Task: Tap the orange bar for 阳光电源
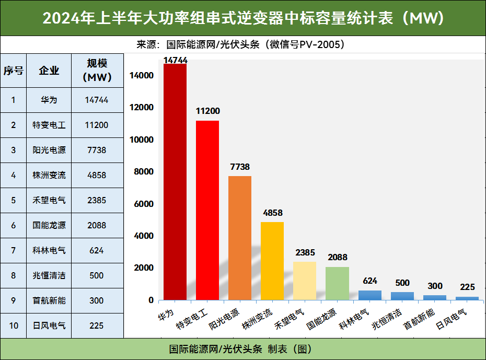coord(240,238)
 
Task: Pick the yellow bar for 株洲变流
coord(272,261)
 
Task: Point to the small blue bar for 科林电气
coord(369,295)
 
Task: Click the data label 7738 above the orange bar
coord(240,167)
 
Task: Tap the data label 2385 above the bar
coord(305,253)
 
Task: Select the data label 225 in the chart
coord(467,287)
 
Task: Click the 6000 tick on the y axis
coord(144,204)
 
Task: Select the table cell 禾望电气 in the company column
coord(49,200)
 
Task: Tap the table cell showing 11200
coord(97,125)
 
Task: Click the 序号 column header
coord(14,71)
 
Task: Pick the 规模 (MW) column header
coord(97,71)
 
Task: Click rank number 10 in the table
coord(14,326)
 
